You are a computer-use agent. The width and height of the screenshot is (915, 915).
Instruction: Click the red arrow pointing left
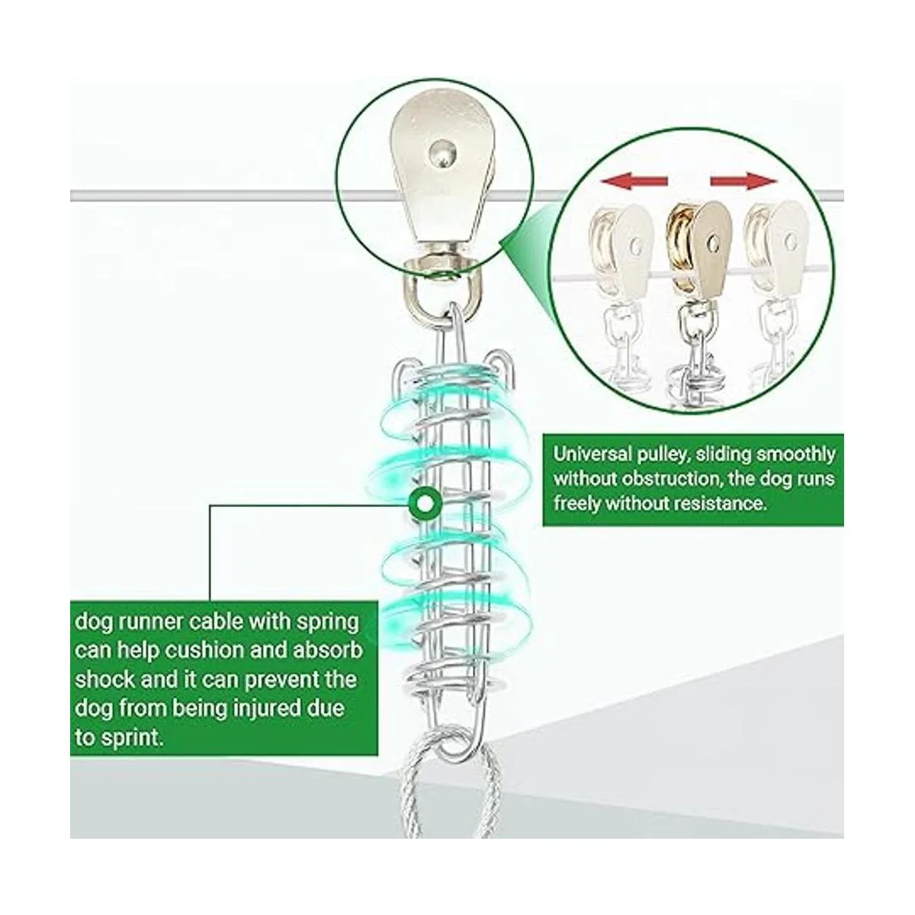click(x=634, y=181)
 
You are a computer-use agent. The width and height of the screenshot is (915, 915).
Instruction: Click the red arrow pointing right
click(x=743, y=181)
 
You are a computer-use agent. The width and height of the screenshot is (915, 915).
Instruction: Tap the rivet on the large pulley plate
click(x=442, y=154)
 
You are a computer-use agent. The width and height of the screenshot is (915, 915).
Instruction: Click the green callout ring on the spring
click(x=424, y=502)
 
